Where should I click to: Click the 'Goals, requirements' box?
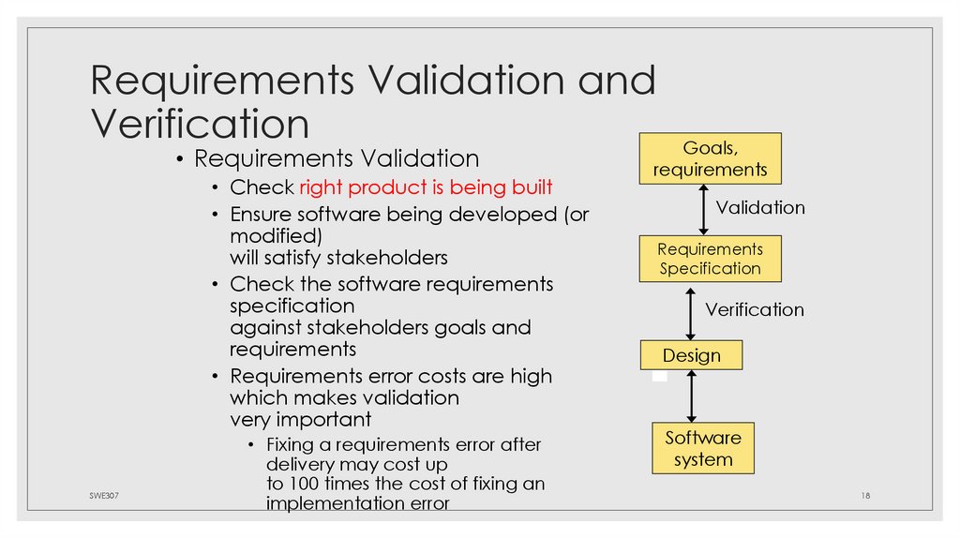[x=710, y=158]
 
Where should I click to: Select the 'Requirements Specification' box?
[x=710, y=259]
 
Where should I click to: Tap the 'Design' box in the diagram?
[x=691, y=355]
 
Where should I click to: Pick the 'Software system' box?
[x=702, y=448]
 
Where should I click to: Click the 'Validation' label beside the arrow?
[x=760, y=207]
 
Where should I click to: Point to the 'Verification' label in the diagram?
[x=754, y=309]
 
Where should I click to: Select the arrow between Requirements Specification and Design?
[x=691, y=312]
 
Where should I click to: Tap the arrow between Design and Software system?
[x=691, y=396]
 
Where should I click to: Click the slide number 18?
[x=865, y=494]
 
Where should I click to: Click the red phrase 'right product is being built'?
[x=426, y=187]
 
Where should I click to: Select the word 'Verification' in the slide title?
[x=200, y=124]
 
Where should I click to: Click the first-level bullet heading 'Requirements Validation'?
[x=337, y=158]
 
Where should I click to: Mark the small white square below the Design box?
[x=660, y=376]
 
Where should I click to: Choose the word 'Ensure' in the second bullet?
[x=262, y=214]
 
